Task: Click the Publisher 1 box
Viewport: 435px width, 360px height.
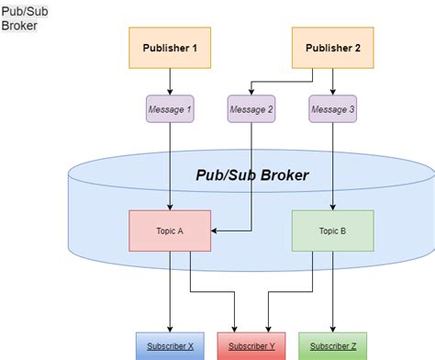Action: (x=170, y=48)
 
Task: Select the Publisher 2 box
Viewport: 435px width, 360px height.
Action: (x=332, y=48)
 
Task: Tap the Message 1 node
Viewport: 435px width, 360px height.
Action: (x=170, y=110)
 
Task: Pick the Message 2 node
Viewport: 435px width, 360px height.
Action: (x=251, y=110)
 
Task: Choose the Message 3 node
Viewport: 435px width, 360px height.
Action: (x=332, y=110)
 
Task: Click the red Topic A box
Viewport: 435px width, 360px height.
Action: (x=170, y=231)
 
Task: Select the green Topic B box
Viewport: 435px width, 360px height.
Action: (x=332, y=231)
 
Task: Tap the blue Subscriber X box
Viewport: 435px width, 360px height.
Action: (x=170, y=346)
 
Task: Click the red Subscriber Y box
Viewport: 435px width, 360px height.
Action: (x=251, y=346)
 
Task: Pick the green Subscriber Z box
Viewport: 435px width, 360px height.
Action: (x=332, y=346)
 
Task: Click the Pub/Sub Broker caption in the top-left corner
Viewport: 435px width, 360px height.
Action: (x=19, y=17)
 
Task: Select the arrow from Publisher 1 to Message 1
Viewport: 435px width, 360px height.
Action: (x=170, y=82)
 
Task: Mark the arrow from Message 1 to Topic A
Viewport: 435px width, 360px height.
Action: (x=170, y=165)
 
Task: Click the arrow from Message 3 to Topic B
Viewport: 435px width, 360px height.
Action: (x=332, y=165)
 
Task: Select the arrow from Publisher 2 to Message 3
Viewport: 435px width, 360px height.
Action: (x=332, y=82)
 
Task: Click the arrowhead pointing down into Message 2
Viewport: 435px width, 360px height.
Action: (x=251, y=92)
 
